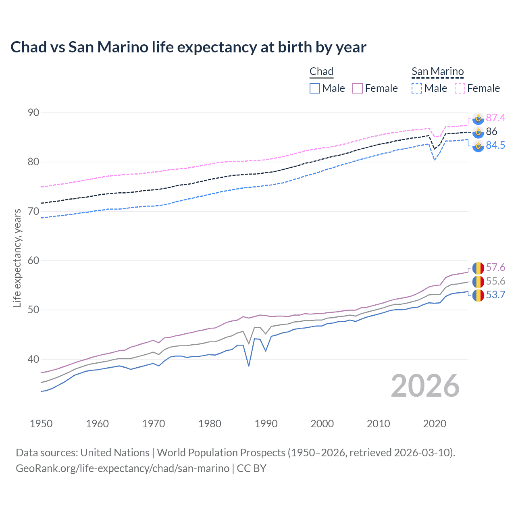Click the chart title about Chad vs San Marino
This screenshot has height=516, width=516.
(x=188, y=47)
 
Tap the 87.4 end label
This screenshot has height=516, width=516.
(x=495, y=118)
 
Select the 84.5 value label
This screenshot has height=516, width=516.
(x=495, y=145)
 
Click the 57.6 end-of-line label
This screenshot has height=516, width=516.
(x=495, y=268)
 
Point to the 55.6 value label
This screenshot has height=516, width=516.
(x=495, y=281)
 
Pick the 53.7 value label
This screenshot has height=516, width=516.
(x=495, y=295)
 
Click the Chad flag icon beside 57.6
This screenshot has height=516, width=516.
(x=478, y=268)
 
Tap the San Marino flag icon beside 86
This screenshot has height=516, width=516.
(x=478, y=132)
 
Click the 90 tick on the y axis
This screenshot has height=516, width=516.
(x=33, y=113)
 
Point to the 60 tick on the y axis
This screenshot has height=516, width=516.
(x=33, y=261)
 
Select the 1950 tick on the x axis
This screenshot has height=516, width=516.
(x=41, y=424)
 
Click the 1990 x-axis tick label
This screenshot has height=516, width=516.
(x=266, y=424)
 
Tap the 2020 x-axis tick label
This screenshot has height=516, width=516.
(x=435, y=424)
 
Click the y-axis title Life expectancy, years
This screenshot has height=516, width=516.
(x=17, y=258)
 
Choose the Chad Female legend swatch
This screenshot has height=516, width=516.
(x=358, y=88)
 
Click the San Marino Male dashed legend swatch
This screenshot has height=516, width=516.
(x=417, y=88)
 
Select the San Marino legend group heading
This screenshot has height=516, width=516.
(x=437, y=72)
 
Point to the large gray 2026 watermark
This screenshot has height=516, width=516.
(x=425, y=386)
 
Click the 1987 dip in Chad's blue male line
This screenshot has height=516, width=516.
(x=249, y=366)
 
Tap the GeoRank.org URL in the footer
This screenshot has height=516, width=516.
(x=123, y=468)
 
